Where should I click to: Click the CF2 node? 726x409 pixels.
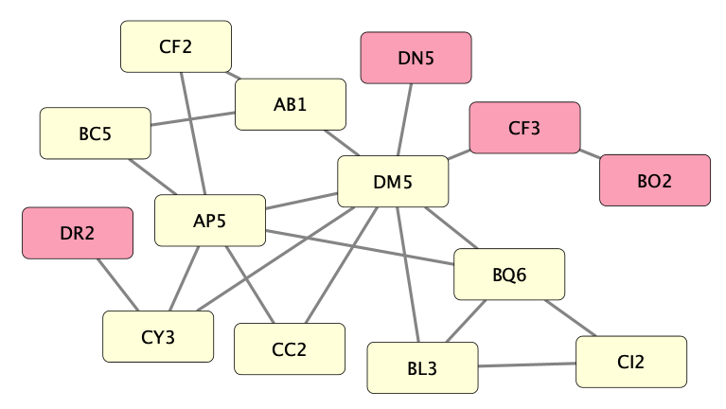pos(176,45)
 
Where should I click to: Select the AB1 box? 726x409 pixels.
pos(291,104)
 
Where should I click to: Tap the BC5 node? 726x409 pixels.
pos(95,133)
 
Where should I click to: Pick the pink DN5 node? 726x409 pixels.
pos(416,58)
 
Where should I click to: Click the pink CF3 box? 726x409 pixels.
pos(524,128)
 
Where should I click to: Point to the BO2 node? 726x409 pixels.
pos(654,180)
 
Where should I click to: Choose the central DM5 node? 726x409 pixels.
pos(393,182)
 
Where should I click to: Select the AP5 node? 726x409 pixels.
pos(210,221)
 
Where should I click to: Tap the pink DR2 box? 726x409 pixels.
pos(78,233)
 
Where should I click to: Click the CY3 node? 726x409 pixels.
pos(158,336)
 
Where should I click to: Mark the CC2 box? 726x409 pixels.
pos(290,349)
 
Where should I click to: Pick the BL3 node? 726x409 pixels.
pos(422,367)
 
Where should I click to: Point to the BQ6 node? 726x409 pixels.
pos(509,275)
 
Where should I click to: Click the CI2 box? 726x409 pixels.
pos(630,362)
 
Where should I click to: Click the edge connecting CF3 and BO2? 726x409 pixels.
pos(590,153)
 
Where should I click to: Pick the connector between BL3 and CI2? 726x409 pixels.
pos(526,365)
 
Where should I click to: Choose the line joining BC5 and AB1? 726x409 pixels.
pos(193,118)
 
